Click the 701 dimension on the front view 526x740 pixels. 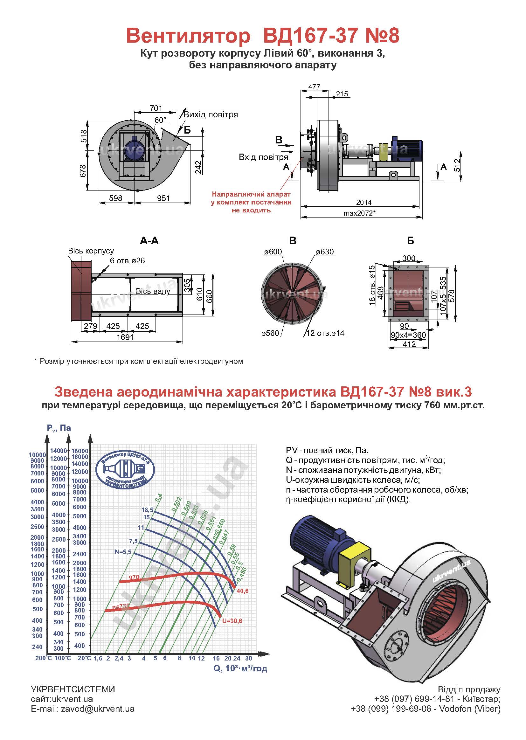pyautogui.click(x=156, y=108)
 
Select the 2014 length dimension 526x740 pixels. pyautogui.click(x=364, y=202)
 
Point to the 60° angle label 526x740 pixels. pyautogui.click(x=160, y=120)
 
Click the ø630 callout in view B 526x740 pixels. pyautogui.click(x=325, y=252)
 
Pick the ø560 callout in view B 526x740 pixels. pyautogui.click(x=270, y=333)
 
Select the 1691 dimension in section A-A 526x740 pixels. pyautogui.click(x=125, y=337)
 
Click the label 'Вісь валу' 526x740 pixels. pyautogui.click(x=153, y=291)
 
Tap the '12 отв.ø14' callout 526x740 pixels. pyautogui.click(x=325, y=333)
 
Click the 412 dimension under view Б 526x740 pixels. pyautogui.click(x=409, y=344)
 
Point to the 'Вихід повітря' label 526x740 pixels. pyautogui.click(x=211, y=115)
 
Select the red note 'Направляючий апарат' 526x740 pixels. pyautogui.click(x=251, y=194)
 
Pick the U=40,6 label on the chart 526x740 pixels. pyautogui.click(x=243, y=591)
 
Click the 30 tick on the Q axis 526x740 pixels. pyautogui.click(x=248, y=658)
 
